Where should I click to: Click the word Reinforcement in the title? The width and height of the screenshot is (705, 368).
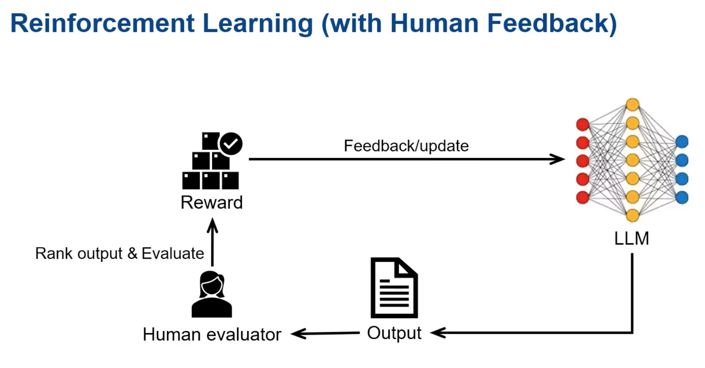tap(102, 23)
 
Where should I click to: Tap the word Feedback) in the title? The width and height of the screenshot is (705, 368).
tap(552, 23)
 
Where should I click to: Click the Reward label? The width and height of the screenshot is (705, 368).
tap(212, 203)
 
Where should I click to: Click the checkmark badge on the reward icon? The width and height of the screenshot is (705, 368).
tap(231, 143)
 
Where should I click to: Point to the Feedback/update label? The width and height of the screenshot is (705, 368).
tap(406, 146)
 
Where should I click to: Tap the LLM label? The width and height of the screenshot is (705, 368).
tap(631, 239)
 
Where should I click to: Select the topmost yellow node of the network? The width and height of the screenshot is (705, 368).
tap(632, 104)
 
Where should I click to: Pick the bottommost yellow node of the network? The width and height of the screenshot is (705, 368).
tap(632, 215)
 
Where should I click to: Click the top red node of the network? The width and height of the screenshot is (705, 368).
tap(583, 124)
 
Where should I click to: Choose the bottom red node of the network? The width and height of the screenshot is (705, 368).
tap(583, 197)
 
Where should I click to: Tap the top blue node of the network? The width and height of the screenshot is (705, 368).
tap(682, 142)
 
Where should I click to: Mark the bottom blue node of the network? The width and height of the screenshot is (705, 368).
tap(682, 197)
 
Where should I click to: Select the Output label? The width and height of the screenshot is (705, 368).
tap(394, 333)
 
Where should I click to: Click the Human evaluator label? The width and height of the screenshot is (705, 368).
tap(212, 334)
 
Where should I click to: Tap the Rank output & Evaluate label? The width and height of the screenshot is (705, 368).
tap(119, 254)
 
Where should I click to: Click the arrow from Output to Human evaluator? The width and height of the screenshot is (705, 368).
tap(326, 333)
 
